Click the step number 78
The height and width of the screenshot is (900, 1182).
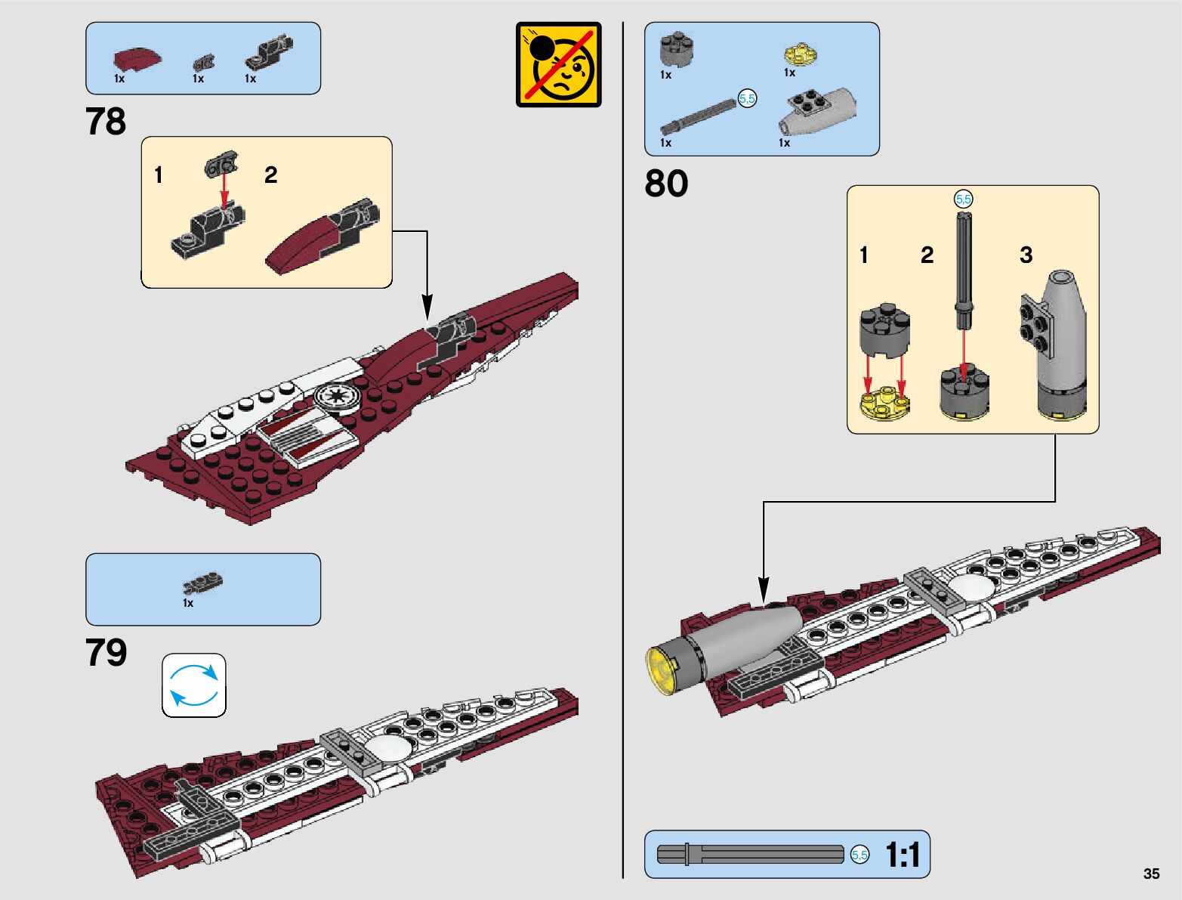[x=106, y=122]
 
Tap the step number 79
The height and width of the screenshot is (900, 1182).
[x=106, y=653]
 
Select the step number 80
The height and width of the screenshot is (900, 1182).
[x=666, y=184]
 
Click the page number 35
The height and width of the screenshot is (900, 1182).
[x=1151, y=874]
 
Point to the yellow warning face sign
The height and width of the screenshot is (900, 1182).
[x=559, y=65]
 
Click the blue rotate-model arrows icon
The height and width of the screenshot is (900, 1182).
[x=194, y=685]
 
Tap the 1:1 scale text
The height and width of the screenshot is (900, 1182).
[x=903, y=855]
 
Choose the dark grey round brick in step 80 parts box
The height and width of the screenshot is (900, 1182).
[x=677, y=49]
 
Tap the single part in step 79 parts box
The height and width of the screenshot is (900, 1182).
[x=202, y=583]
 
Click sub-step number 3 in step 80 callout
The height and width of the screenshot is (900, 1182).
[x=1026, y=255]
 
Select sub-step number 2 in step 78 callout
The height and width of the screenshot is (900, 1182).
[x=270, y=175]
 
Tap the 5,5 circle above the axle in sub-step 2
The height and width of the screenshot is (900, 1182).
[x=963, y=199]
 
